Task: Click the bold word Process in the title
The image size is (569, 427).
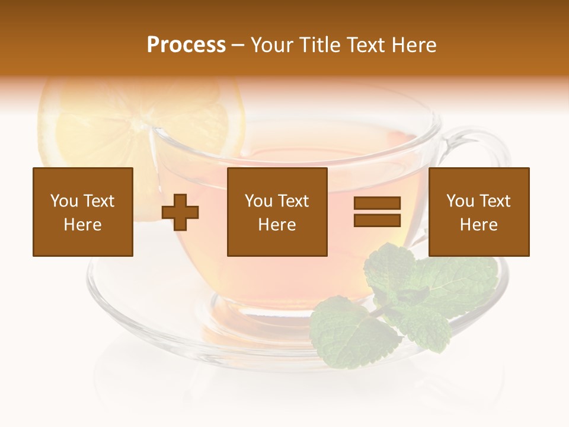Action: pos(186,45)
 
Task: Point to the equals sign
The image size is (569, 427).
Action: pos(377,212)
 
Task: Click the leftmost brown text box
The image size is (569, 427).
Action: pos(83,212)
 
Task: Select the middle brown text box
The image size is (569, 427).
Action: pos(277,212)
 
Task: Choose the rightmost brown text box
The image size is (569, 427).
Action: pos(479,212)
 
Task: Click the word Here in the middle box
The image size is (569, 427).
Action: pos(277,225)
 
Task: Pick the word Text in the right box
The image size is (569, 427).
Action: pos(496,201)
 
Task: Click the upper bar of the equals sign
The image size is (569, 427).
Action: pos(377,203)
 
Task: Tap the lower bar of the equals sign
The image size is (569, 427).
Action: pos(377,220)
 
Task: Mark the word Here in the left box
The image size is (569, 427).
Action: pos(83,225)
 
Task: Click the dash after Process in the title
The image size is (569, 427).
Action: pos(238,46)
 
